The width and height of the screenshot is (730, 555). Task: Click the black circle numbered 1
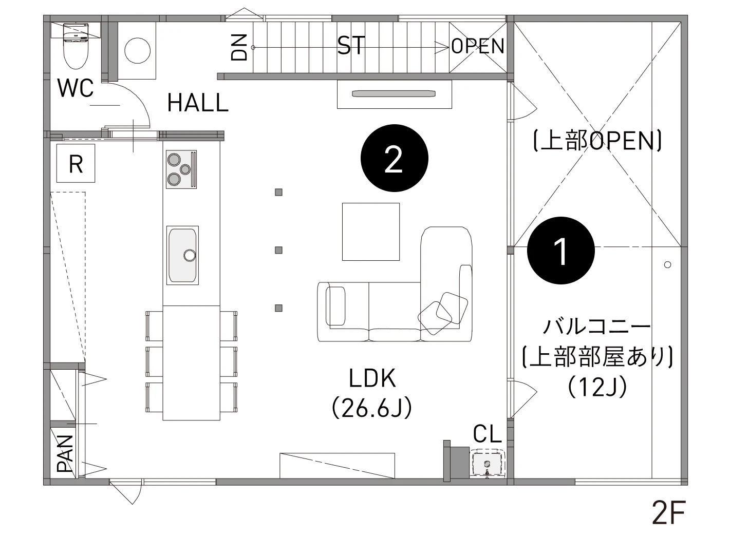(561, 252)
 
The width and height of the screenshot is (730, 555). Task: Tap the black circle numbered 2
(394, 160)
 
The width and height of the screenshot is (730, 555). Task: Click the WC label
(76, 88)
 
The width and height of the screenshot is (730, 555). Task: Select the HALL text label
(198, 104)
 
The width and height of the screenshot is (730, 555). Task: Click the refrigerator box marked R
(76, 163)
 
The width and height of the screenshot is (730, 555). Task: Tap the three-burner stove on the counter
(181, 169)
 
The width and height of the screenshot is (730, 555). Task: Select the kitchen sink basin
(182, 254)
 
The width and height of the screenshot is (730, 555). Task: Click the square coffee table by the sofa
(371, 232)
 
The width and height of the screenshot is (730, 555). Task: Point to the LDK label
(372, 379)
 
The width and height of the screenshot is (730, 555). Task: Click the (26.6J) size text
(372, 409)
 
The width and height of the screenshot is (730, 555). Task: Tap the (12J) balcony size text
(597, 386)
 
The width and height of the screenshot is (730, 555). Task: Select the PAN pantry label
(65, 453)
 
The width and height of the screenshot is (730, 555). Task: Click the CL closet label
(487, 435)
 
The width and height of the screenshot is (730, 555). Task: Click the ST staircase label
(351, 46)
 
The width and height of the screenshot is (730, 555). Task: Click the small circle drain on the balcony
(667, 265)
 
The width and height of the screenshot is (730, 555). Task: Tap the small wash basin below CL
(486, 463)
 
